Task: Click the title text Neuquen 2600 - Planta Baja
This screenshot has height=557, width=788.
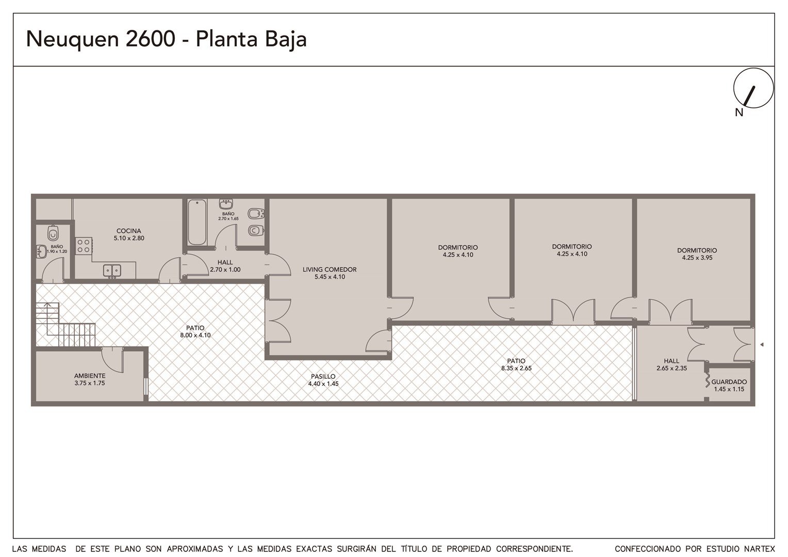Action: (167, 39)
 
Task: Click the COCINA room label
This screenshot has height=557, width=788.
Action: (129, 231)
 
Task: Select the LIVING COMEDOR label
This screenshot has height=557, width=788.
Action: (330, 270)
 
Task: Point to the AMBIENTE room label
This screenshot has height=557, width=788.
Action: (90, 376)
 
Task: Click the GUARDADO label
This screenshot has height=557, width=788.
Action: (729, 382)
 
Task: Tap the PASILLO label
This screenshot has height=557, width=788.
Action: (323, 376)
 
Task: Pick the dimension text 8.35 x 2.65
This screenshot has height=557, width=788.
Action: (516, 368)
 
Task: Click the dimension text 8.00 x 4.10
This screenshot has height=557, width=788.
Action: (195, 335)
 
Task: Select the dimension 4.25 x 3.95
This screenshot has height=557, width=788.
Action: (697, 257)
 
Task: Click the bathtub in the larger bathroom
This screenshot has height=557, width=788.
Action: (196, 222)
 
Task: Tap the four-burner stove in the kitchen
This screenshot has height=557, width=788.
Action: (84, 245)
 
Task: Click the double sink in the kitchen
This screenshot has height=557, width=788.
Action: (112, 271)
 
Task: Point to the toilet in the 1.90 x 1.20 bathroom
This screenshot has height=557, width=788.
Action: (53, 233)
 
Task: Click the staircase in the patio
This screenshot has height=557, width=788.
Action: (65, 324)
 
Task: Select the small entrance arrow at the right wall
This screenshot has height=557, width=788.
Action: (762, 345)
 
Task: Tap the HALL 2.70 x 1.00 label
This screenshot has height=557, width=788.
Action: (225, 266)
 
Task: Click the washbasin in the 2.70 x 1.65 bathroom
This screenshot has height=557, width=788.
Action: (226, 204)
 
